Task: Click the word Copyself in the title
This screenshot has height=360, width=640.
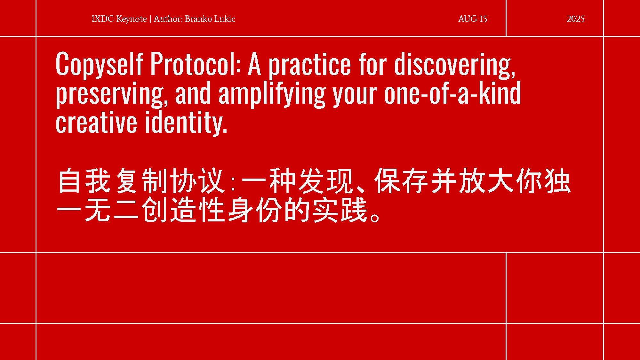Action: [99, 65]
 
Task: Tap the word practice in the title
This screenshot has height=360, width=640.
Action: [309, 65]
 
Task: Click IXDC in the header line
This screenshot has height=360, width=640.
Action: [103, 19]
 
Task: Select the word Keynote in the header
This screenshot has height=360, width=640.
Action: [131, 19]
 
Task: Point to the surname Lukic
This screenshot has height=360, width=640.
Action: [225, 19]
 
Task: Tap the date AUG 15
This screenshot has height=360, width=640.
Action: [473, 19]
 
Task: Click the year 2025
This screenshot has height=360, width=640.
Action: [575, 19]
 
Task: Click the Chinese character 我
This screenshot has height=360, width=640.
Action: [98, 180]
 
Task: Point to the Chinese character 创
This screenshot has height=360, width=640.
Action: [154, 210]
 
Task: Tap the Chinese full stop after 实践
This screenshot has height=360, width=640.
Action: [375, 217]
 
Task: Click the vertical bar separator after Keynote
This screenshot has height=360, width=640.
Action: [150, 19]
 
